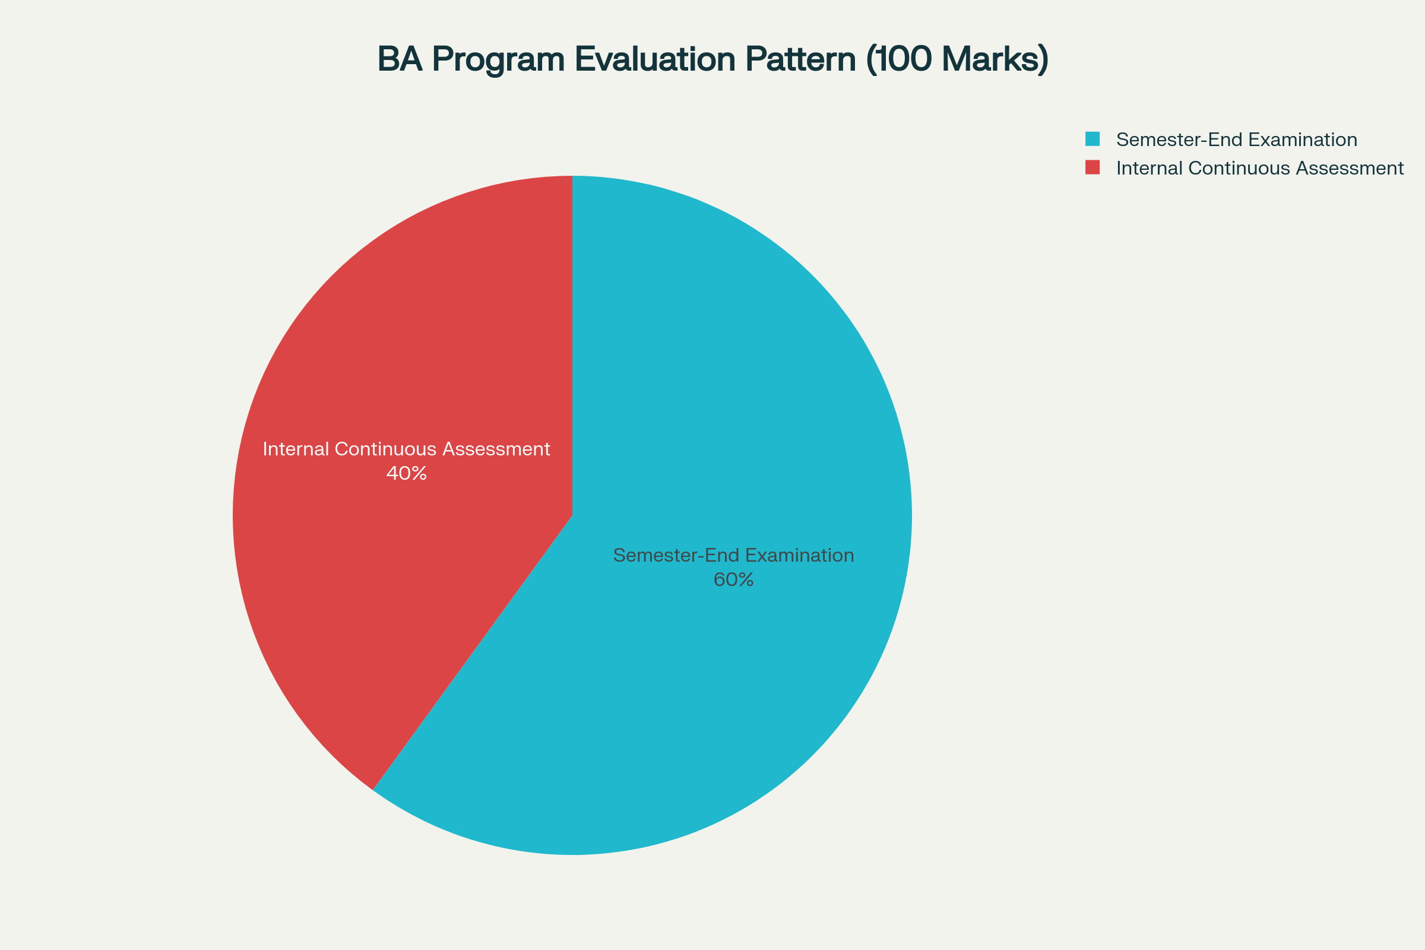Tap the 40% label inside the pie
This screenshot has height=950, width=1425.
pos(407,473)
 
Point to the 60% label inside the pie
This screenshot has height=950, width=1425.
pos(734,580)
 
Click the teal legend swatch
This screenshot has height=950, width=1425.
pos(1092,139)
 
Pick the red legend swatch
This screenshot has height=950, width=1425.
pos(1092,167)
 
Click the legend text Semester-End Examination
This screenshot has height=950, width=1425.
pos(1237,140)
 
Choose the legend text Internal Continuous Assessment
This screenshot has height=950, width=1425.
pos(1259,169)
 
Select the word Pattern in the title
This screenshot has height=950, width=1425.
pos(800,59)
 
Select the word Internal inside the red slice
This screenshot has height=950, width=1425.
pos(295,449)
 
